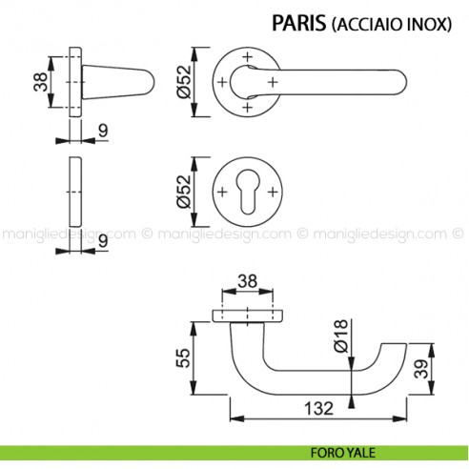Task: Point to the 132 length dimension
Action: [x=317, y=408]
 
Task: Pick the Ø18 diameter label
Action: [x=340, y=337]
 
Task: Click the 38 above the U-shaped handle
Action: [x=246, y=281]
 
